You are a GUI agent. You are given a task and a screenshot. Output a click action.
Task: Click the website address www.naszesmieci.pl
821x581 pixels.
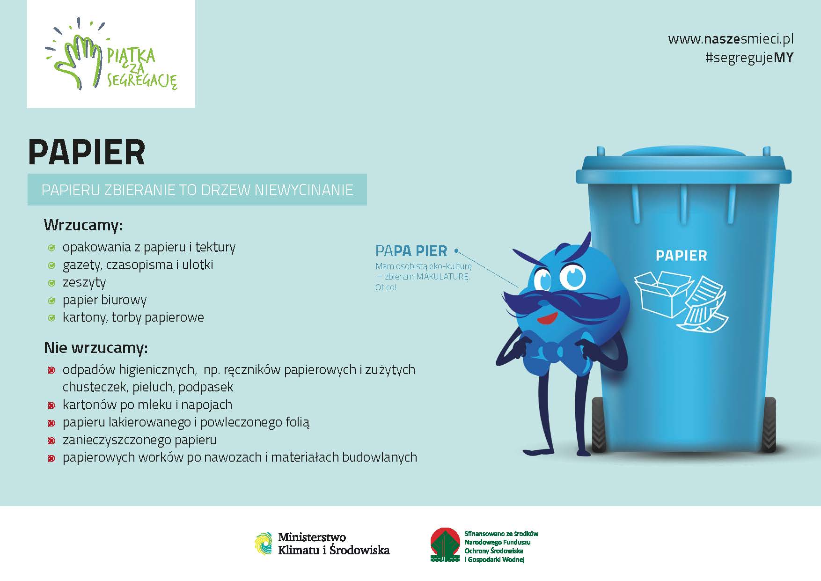(x=731, y=38)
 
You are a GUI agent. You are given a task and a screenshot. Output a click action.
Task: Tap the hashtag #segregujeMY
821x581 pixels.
(x=749, y=58)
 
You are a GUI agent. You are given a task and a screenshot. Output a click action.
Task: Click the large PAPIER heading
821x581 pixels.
(x=87, y=152)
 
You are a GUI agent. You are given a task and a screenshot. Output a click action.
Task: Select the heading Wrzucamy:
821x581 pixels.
(x=83, y=225)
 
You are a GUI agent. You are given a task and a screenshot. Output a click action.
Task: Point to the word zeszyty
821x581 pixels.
(x=84, y=283)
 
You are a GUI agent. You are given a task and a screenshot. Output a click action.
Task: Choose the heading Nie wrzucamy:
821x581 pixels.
(x=95, y=348)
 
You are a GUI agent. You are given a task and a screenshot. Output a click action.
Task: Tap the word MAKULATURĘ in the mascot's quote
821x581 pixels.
(x=442, y=277)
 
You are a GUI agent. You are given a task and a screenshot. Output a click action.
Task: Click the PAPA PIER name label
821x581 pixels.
(x=411, y=251)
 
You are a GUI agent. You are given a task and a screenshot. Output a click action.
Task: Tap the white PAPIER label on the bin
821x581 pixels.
(x=681, y=256)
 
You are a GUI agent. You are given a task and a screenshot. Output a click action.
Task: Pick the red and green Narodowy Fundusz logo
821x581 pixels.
(x=445, y=544)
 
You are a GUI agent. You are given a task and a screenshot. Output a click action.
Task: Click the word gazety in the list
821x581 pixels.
(x=81, y=265)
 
